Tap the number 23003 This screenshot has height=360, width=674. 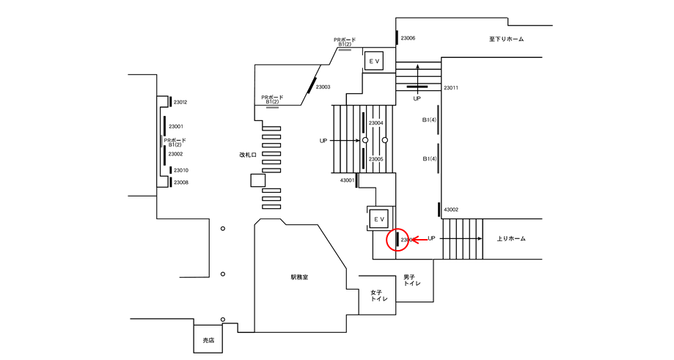(x=323, y=87)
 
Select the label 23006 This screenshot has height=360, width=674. (x=408, y=37)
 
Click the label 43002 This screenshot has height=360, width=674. (x=451, y=210)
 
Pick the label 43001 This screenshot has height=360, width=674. (x=347, y=180)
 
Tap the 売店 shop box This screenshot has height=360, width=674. (x=209, y=340)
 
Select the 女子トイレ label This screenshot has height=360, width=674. (x=378, y=295)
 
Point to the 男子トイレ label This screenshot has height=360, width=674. (x=412, y=280)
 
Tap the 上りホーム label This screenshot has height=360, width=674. (x=511, y=239)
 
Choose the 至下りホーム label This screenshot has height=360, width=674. (x=507, y=39)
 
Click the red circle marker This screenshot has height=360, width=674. (x=398, y=239)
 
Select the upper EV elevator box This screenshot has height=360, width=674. (x=374, y=61)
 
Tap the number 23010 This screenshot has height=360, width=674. (x=180, y=170)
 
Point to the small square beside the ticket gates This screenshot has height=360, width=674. (x=257, y=180)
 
